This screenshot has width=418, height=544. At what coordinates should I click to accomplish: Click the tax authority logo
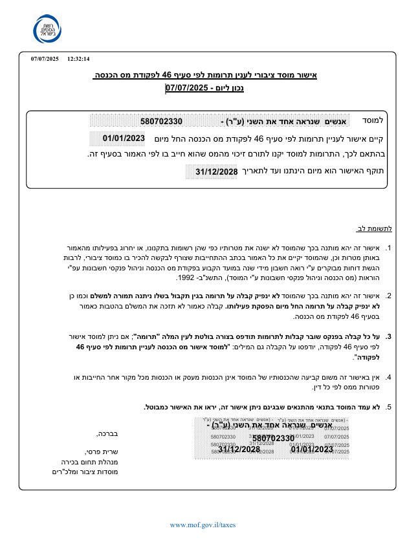(49, 28)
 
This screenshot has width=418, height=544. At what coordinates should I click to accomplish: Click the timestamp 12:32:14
(78, 59)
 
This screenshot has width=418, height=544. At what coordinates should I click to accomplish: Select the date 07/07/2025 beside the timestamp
(45, 59)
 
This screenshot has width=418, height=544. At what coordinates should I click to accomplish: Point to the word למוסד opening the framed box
(373, 120)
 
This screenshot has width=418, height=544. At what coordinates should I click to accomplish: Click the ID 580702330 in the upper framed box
(161, 121)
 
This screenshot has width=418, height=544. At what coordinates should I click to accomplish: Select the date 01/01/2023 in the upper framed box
(124, 138)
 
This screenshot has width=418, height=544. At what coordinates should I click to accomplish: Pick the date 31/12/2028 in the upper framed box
(216, 171)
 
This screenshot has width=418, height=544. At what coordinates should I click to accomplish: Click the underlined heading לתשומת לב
(375, 228)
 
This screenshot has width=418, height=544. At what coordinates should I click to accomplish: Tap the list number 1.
(388, 248)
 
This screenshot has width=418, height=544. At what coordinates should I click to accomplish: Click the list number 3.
(388, 336)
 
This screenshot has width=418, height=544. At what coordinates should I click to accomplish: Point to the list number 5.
(388, 407)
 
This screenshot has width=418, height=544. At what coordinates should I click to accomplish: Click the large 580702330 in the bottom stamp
(273, 439)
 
